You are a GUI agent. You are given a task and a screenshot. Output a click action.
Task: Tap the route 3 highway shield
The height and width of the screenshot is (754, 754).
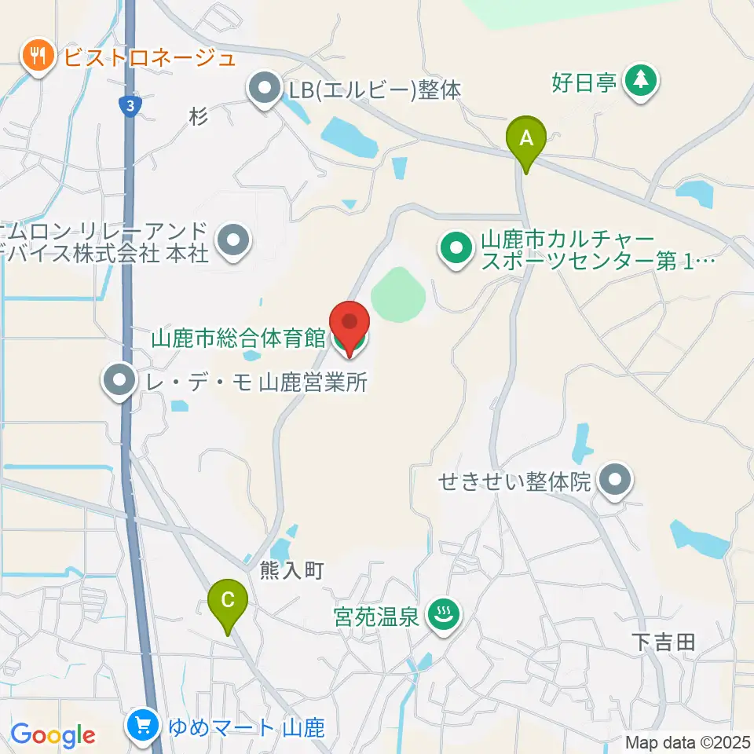pos(128,104)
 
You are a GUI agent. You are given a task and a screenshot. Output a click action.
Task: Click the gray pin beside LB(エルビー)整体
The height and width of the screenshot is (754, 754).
pos(265,90)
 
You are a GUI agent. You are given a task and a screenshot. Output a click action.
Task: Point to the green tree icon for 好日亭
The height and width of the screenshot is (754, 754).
pos(642,80)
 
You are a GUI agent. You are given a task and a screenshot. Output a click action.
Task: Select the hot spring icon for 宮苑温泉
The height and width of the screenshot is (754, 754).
pos(442,614)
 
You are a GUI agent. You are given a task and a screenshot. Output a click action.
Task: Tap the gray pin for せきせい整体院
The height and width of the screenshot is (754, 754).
pos(615,480)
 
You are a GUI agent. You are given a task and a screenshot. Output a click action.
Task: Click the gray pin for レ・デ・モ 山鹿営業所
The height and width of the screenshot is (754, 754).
pos(119,382)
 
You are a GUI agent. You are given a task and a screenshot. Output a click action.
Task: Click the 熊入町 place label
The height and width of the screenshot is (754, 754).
pos(292,571)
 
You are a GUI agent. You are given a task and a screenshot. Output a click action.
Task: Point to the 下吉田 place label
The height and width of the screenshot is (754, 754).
pos(664,642)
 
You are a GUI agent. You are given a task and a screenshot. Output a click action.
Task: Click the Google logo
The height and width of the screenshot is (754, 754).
pos(53,734)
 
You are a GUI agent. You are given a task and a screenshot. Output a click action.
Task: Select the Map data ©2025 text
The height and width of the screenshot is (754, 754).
pos(688,742)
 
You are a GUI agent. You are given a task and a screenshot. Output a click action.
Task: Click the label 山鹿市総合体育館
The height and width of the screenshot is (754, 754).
pos(238,339)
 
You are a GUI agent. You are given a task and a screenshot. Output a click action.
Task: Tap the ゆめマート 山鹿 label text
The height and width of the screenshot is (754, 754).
pos(247,727)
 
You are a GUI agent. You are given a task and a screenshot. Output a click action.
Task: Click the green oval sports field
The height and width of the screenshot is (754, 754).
pos(398,295)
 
